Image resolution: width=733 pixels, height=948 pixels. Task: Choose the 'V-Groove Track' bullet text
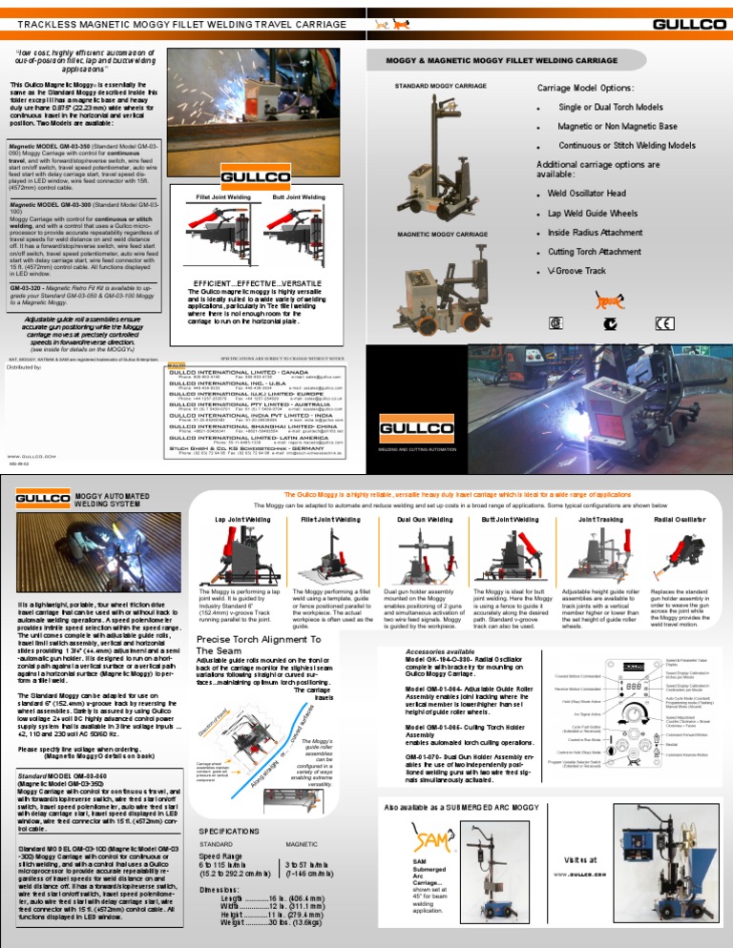pyautogui.click(x=581, y=271)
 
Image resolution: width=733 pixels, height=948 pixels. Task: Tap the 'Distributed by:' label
pyautogui.click(x=29, y=366)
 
